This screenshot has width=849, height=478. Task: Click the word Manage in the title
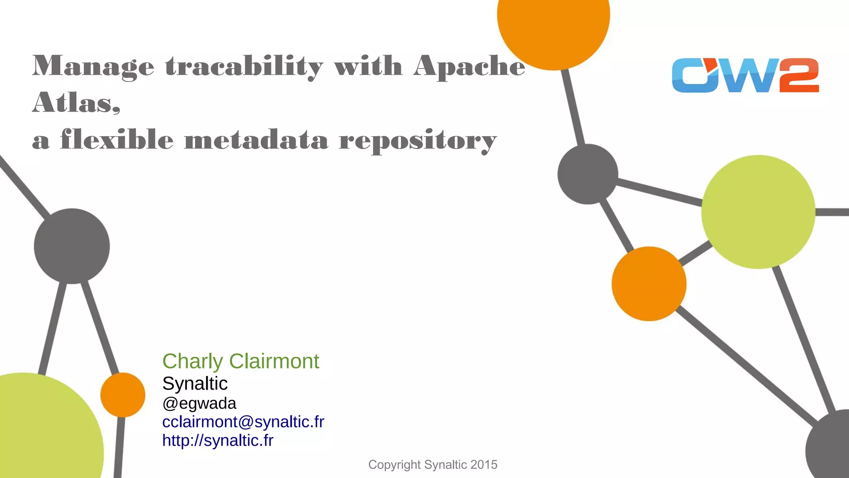click(93, 66)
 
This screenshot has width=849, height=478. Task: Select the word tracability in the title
click(244, 66)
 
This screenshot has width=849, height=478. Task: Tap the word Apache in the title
click(469, 66)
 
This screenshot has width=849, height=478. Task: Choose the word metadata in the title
click(256, 140)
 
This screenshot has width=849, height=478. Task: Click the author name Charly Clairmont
click(240, 361)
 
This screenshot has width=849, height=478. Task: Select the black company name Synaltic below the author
click(195, 383)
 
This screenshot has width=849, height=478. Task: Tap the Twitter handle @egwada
click(199, 403)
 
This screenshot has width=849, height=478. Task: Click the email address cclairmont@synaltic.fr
click(243, 422)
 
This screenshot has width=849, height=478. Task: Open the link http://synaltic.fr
click(218, 440)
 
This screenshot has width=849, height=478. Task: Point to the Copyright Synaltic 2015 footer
click(432, 465)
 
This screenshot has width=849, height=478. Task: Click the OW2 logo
click(745, 75)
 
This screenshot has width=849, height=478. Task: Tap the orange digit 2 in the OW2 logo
click(799, 75)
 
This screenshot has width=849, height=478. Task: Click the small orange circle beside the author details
click(123, 395)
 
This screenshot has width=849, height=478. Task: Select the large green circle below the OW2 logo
click(758, 212)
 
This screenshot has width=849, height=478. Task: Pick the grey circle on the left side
click(72, 246)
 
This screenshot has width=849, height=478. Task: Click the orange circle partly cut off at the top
click(553, 25)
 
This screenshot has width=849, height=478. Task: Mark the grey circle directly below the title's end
click(587, 174)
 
